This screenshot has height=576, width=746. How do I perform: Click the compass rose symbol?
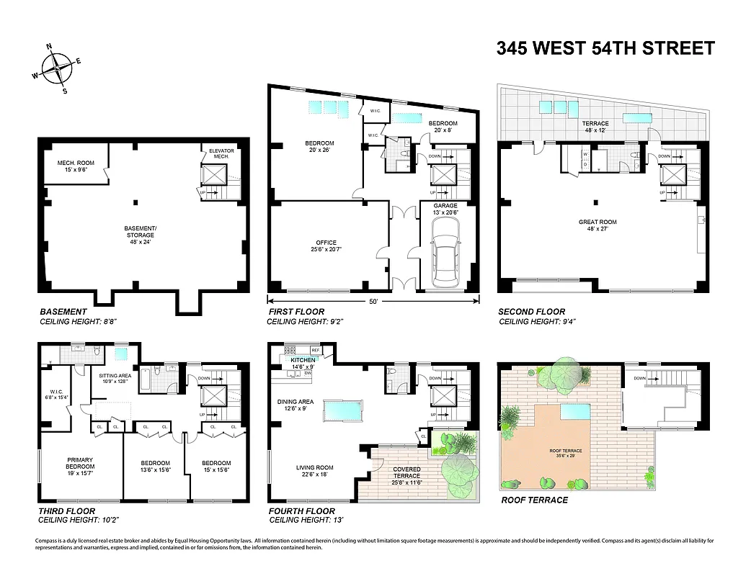(55, 69)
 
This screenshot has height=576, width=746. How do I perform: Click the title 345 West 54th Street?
(605, 48)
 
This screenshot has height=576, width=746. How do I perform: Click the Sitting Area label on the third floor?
(114, 378)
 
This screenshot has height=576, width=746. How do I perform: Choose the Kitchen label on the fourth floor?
(303, 361)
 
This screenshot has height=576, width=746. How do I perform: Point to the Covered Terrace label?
(406, 472)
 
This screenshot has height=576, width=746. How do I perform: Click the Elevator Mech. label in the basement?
(221, 154)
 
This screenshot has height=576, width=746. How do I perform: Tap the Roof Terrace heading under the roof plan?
(533, 500)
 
